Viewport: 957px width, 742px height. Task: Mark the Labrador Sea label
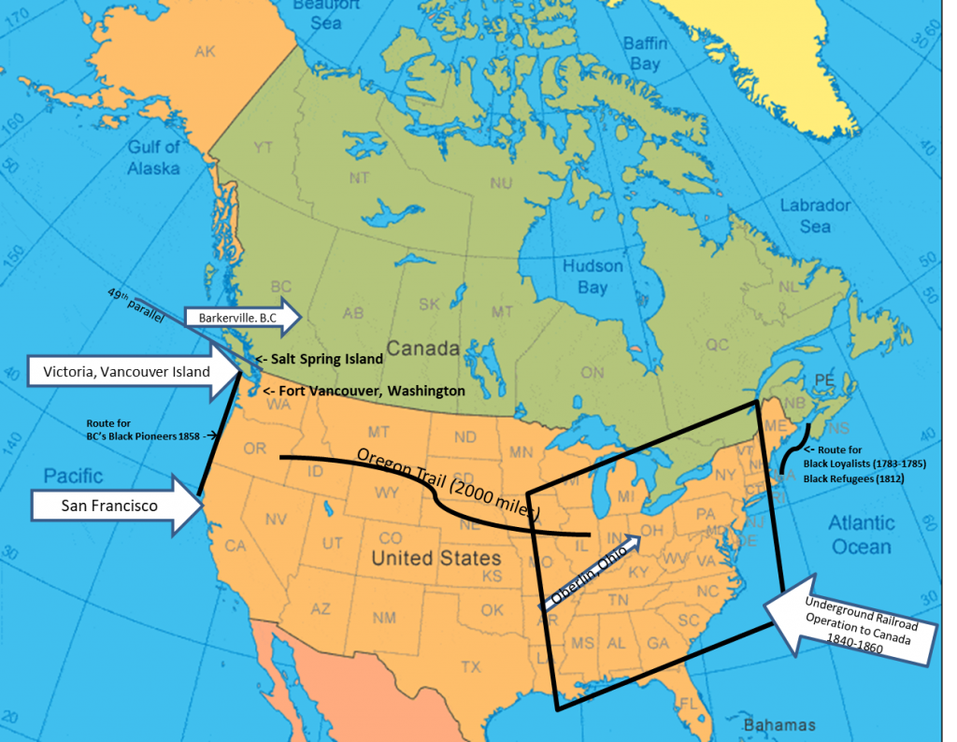pyautogui.click(x=815, y=216)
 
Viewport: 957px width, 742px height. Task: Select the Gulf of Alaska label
pyautogui.click(x=154, y=156)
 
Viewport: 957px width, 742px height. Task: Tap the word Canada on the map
pyautogui.click(x=423, y=350)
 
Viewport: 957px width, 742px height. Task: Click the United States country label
pyautogui.click(x=436, y=559)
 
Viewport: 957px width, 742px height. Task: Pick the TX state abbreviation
pyautogui.click(x=470, y=667)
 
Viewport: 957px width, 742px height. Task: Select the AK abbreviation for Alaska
pyautogui.click(x=206, y=51)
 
